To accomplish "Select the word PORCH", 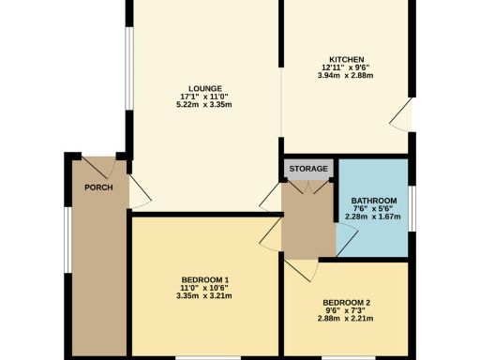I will click(x=98, y=187).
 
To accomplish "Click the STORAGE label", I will click(x=308, y=169).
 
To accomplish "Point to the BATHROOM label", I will click(x=374, y=202).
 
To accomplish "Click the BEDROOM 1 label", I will click(x=205, y=280).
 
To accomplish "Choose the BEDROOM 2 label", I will click(x=346, y=303).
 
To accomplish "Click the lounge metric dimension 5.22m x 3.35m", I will click(x=203, y=104).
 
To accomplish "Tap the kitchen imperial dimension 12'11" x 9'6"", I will click(x=346, y=67).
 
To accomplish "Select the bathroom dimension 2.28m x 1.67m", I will click(x=374, y=217).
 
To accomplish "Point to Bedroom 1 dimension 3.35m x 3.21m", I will click(x=205, y=297).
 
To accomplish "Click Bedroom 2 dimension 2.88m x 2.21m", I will click(x=346, y=319).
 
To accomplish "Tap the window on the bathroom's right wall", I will click(x=411, y=207).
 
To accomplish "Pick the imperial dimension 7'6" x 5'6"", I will click(x=374, y=209).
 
